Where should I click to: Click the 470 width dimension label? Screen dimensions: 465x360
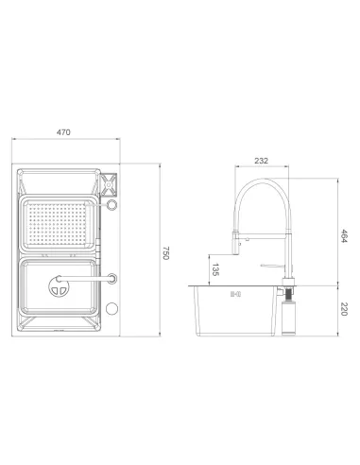64,132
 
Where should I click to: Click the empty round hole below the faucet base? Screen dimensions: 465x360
112,308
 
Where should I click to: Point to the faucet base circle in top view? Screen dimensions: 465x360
112,278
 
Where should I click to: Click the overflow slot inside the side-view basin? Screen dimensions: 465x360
233,294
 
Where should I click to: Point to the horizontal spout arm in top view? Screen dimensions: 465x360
91,280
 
